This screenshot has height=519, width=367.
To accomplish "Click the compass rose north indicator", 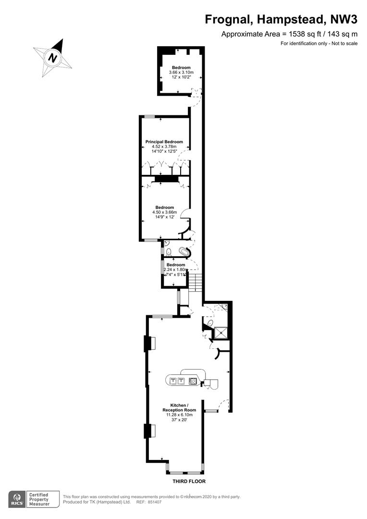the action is coord(53,58).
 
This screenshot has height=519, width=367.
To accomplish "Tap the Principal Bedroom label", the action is coord(164,142).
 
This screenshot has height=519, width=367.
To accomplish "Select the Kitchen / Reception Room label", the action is coord(179,408).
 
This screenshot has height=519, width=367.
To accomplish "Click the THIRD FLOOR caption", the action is coord(189,481).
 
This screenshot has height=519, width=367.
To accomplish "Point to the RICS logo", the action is coord(16,499).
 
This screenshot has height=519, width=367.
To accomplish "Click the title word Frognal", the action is coord(228,20).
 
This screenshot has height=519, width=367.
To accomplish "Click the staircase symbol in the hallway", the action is coord(195,283).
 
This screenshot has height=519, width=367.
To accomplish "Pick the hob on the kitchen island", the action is coord(193,381).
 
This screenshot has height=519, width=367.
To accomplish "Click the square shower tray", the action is coord(221,333).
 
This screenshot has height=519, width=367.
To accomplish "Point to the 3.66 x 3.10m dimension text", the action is coord(181,72).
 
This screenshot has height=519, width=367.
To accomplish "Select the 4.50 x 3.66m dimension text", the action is coord(164,212).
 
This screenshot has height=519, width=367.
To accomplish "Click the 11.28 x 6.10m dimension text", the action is coord(179,415).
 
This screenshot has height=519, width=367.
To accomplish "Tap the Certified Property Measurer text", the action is coord(39,499).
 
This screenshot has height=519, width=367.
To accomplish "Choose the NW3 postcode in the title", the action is coord(344,20).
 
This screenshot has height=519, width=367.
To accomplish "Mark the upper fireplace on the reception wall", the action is coord(149,343).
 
